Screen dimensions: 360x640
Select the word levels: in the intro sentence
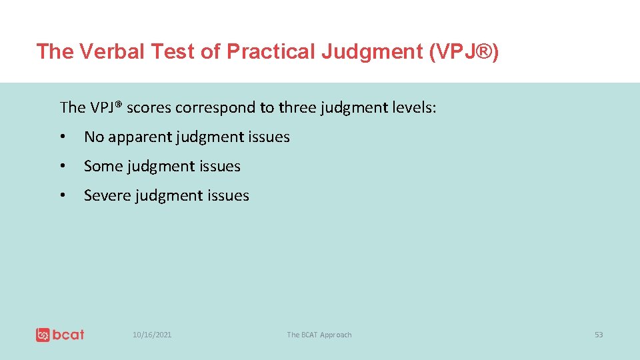(413, 107)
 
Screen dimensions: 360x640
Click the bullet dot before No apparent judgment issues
(62, 137)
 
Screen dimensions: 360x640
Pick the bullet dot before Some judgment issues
(62, 167)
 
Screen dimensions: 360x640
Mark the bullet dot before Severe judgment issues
(62, 196)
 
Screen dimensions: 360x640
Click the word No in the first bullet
(93, 137)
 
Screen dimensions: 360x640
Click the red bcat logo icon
(43, 335)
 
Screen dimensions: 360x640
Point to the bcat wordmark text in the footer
(69, 335)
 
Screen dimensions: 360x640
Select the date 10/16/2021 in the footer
(152, 335)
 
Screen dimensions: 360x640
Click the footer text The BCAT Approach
(319, 335)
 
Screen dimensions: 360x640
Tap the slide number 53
(599, 335)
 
